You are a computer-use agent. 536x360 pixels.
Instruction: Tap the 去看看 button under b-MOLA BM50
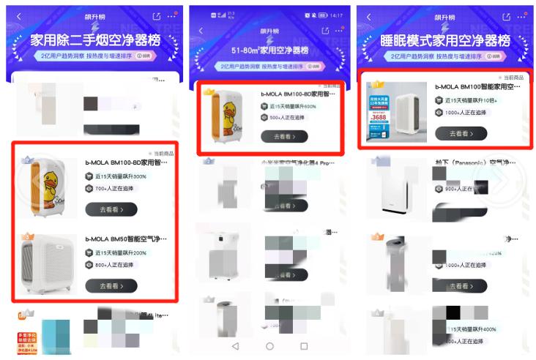111,285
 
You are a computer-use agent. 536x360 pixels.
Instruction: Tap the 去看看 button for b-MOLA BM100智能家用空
461,133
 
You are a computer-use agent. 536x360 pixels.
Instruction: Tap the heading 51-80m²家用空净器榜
269,50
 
